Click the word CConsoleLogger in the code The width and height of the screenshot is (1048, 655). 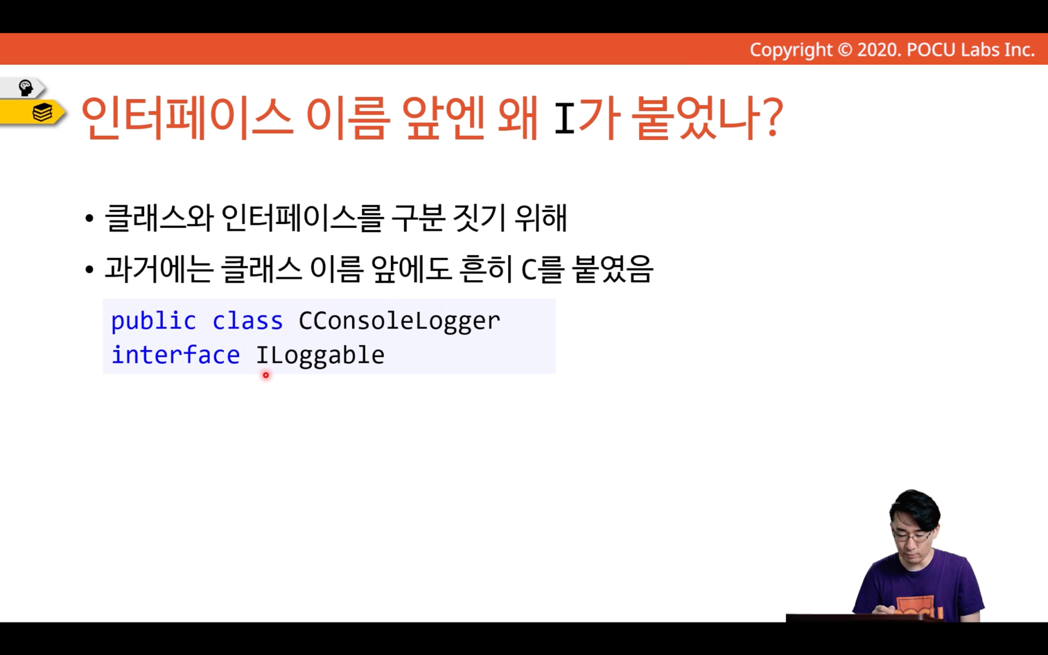[399, 322]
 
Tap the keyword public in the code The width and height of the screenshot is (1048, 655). [153, 322]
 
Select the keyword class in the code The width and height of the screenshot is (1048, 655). [247, 321]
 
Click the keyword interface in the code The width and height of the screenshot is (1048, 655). [175, 355]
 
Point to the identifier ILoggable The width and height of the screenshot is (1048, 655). [320, 356]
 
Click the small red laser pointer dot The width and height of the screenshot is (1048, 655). [265, 375]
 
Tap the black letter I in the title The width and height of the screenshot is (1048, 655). [564, 118]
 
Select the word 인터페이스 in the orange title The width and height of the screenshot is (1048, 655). [188, 117]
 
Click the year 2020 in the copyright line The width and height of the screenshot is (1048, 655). [877, 50]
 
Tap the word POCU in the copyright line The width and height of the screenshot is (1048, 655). [931, 50]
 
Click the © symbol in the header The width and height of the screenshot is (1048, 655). [845, 50]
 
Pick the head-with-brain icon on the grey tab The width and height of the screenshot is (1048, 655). [25, 87]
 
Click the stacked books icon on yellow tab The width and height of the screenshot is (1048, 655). [42, 112]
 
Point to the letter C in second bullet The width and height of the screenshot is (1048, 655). [529, 270]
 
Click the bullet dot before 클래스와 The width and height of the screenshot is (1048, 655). [89, 218]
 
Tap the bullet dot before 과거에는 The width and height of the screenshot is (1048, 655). [89, 270]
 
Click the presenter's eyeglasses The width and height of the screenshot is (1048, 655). [911, 535]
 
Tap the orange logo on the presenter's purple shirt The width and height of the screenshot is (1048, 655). [920, 608]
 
